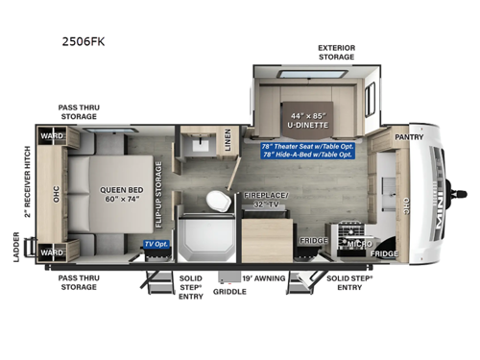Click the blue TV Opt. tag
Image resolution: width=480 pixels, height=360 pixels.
coord(156,245)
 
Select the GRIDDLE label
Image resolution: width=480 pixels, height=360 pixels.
coord(229,289)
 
